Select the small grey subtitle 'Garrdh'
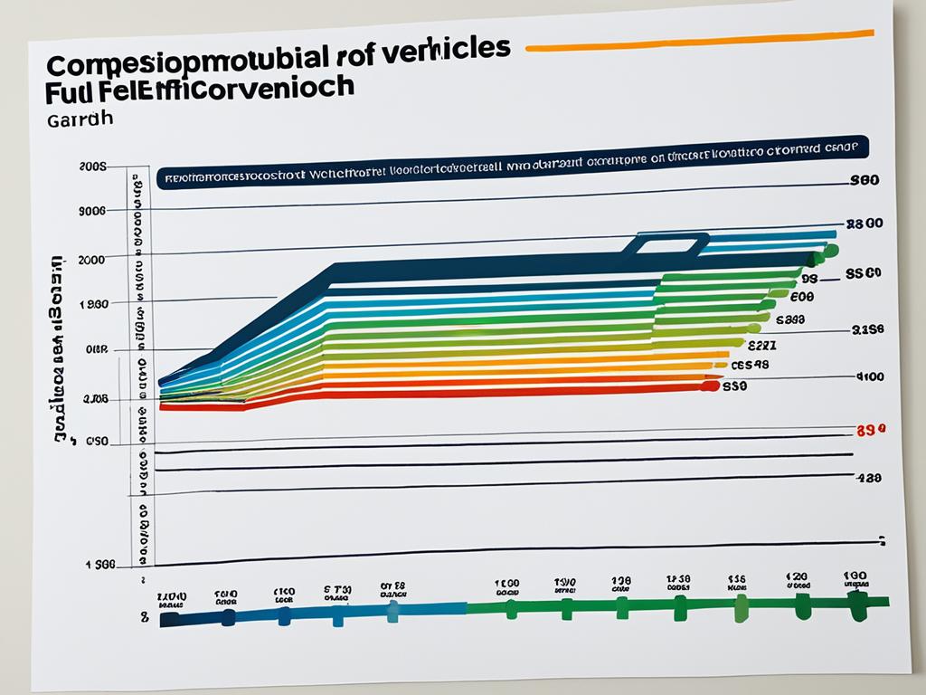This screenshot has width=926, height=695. click(x=76, y=119)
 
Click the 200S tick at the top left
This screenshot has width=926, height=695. click(x=92, y=167)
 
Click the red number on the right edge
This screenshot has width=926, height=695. click(x=871, y=431)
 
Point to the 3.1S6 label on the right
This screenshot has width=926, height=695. click(x=868, y=330)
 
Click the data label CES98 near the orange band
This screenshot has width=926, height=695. click(x=750, y=366)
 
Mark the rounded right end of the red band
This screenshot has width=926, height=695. click(x=711, y=386)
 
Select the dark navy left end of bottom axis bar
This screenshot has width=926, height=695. click(x=168, y=620)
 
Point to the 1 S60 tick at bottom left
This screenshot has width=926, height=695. click(x=100, y=565)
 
